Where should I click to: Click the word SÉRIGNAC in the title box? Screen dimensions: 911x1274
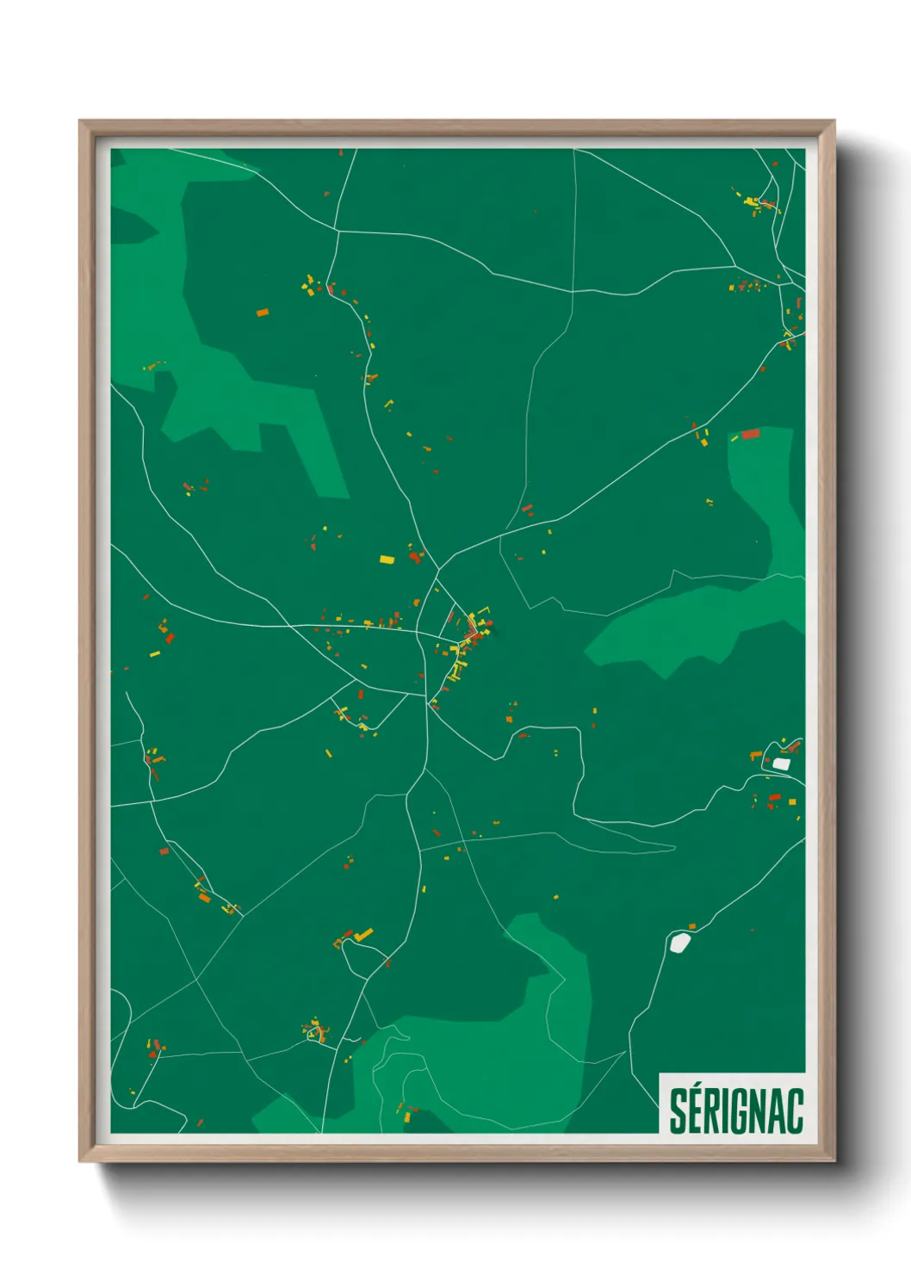[x=736, y=1110]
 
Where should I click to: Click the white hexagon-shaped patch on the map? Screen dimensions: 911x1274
[x=680, y=943]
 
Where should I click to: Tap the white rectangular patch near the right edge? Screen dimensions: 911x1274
[x=781, y=764]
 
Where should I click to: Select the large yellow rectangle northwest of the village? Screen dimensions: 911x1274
[x=387, y=560]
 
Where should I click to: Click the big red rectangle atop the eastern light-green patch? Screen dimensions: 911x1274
[x=751, y=434]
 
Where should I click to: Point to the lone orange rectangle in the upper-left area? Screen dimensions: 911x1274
[x=263, y=312]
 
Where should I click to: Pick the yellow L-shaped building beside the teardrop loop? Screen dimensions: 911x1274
[x=363, y=934]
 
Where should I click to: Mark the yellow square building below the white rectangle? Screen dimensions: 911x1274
[x=792, y=802]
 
